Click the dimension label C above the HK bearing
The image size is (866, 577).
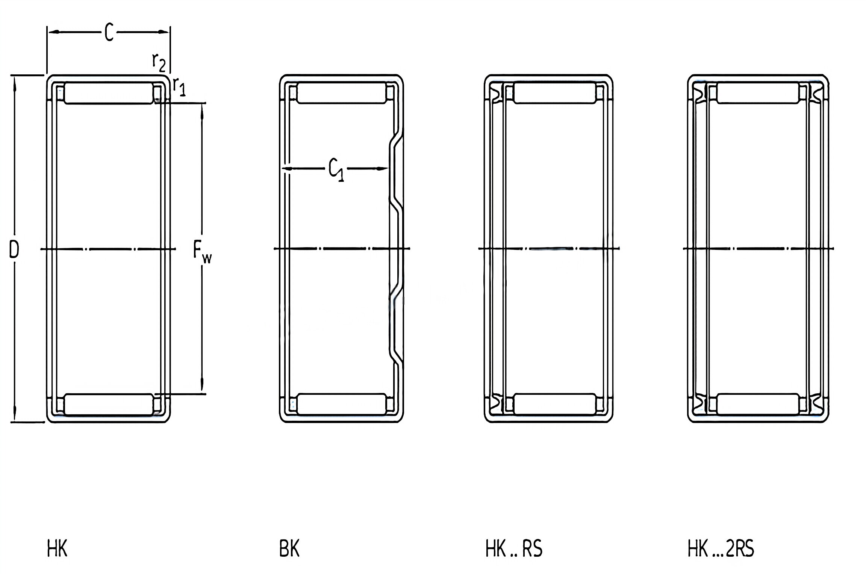[x=109, y=32]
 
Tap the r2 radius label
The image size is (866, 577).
[x=158, y=62]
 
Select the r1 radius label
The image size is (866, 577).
[x=179, y=87]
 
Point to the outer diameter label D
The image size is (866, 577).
[x=14, y=250]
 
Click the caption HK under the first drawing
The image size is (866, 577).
[x=57, y=549]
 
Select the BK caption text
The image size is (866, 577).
[x=289, y=549]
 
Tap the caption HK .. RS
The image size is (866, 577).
[x=514, y=549]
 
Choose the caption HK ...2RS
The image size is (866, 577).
[x=721, y=549]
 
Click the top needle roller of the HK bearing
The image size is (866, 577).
[x=109, y=93]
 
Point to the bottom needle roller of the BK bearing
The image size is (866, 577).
[x=342, y=404]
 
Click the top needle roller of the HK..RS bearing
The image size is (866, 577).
[x=555, y=93]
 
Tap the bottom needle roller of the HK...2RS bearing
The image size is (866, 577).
[x=758, y=404]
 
